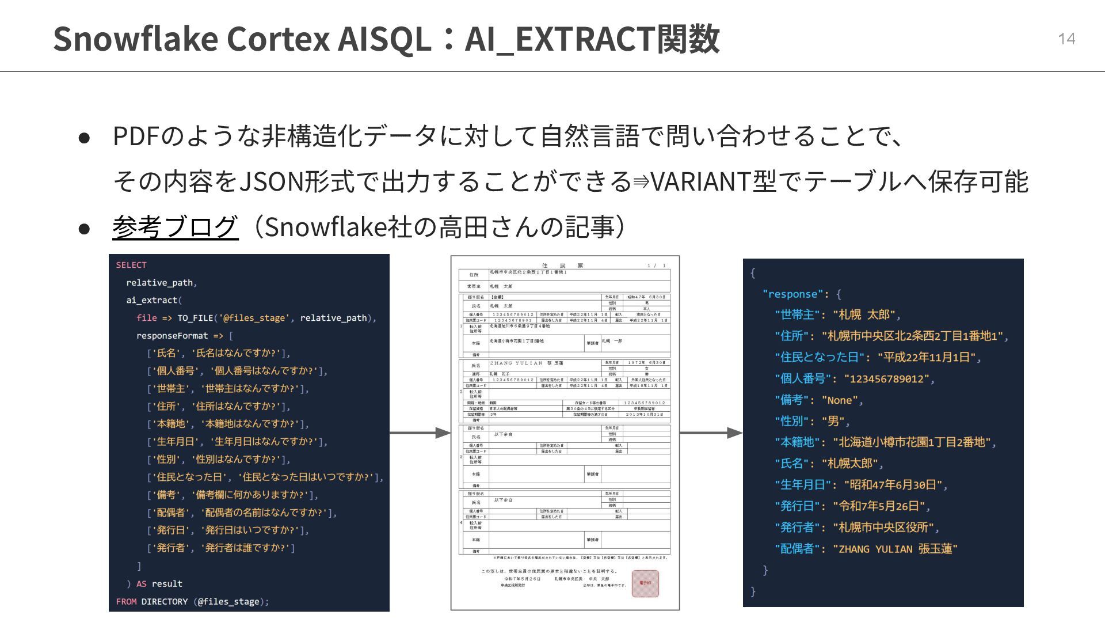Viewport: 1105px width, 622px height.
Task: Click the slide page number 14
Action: tap(1066, 39)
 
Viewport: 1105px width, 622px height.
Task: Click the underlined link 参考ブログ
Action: tap(175, 227)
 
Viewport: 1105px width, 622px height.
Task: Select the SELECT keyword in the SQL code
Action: tap(131, 265)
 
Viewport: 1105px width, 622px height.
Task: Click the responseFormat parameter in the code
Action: tap(172, 336)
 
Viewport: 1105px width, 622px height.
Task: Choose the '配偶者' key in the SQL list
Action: tap(170, 513)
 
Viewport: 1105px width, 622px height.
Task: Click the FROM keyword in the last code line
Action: tap(126, 601)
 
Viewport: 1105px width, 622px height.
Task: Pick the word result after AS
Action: tap(167, 583)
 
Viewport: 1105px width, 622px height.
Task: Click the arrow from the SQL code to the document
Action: tap(420, 433)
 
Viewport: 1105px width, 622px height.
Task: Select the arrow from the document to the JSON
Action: tap(711, 433)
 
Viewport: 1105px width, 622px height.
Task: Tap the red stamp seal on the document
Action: tap(645, 583)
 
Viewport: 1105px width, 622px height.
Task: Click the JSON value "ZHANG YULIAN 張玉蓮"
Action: tap(895, 548)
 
